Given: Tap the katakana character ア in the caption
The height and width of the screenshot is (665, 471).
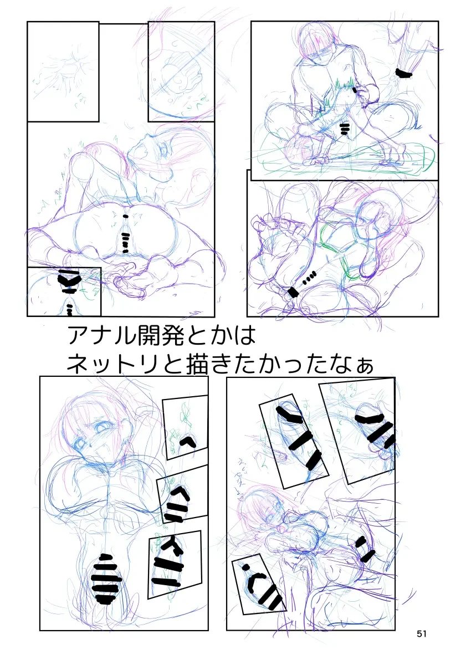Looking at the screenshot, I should (77, 336).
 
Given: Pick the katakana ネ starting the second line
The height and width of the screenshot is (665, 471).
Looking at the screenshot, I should (77, 364).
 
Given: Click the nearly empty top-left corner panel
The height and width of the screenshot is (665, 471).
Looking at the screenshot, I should (63, 71).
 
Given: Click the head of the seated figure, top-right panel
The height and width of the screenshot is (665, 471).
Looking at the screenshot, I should (315, 42).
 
